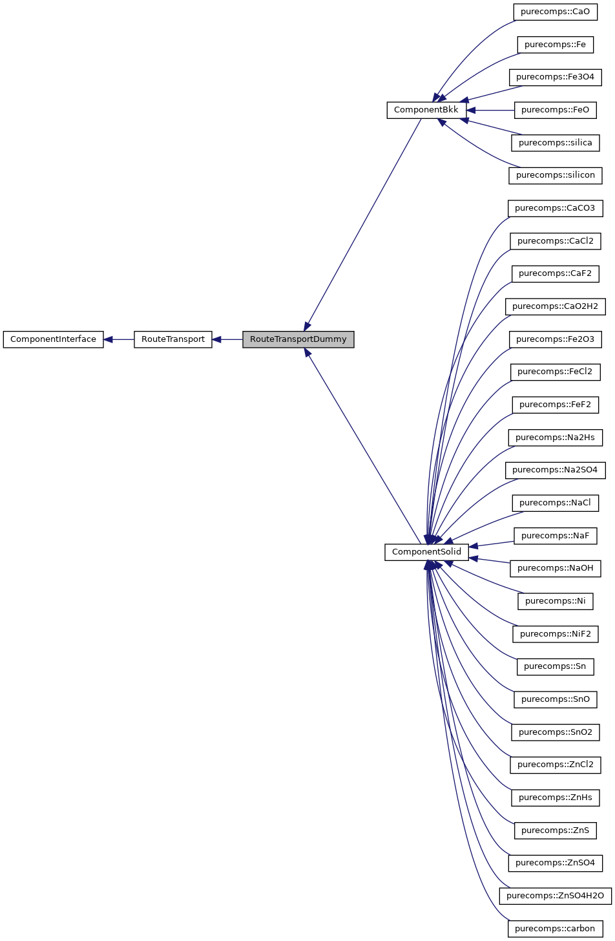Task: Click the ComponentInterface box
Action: (53, 339)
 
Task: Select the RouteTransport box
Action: (173, 339)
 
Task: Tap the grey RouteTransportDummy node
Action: (298, 339)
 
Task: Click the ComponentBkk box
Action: (426, 110)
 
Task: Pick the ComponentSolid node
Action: (427, 552)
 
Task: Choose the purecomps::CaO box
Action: (555, 12)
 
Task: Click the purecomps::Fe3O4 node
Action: (555, 77)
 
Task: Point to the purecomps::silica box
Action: (555, 143)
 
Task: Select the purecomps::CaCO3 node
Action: (555, 208)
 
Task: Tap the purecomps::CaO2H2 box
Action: (555, 306)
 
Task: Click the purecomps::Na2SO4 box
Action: (555, 470)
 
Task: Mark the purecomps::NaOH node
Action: (555, 568)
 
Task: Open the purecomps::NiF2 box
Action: (555, 634)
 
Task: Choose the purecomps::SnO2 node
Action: (555, 732)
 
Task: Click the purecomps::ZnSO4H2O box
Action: (555, 896)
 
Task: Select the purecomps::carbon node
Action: (555, 929)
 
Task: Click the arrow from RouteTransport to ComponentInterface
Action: (119, 339)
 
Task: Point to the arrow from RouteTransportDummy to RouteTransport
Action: (227, 339)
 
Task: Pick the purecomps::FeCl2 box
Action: (555, 372)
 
